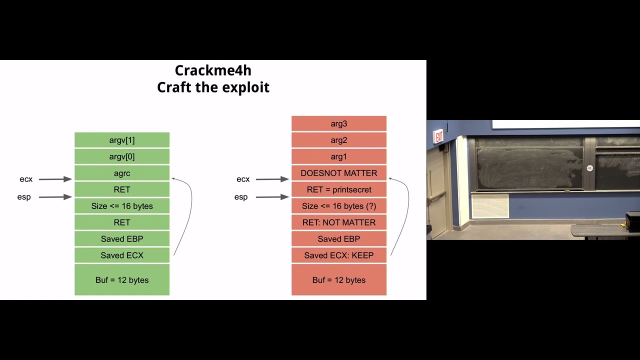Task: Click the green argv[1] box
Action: coord(122,140)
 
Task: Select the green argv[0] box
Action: coord(122,156)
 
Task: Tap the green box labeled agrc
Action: coord(122,173)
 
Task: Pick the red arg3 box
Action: coord(338,123)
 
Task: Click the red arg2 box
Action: coord(338,140)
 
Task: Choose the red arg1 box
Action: coord(338,156)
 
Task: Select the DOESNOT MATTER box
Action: coord(338,173)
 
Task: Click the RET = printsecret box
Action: coord(338,189)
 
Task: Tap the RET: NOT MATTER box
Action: coord(338,222)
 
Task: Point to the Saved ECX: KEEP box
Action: coord(338,255)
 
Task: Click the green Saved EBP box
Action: coord(122,239)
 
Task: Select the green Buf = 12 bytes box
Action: coord(122,280)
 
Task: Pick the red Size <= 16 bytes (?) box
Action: coord(338,206)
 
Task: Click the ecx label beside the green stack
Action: coord(26,179)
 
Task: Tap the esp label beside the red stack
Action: coord(241,197)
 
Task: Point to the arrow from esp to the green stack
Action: coord(55,197)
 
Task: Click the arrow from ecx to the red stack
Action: coord(272,179)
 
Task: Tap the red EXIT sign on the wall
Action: coord(438,136)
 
